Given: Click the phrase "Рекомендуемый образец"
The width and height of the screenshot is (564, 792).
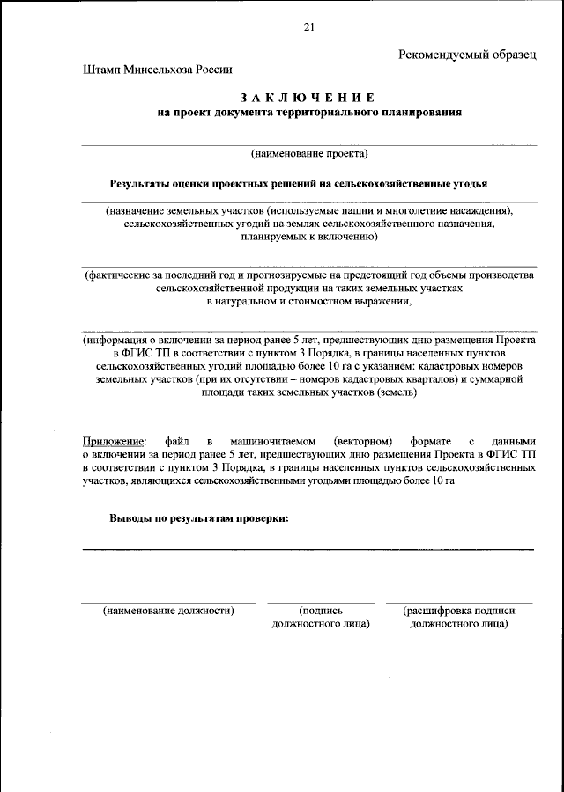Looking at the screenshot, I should coord(467,55).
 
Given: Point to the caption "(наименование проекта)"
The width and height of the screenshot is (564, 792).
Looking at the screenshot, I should coord(308,154).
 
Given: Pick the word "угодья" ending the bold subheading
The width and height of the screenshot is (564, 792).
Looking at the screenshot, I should coord(468,184).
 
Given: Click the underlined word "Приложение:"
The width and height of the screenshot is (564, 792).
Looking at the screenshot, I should coord(112,441).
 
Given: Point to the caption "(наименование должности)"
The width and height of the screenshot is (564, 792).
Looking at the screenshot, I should coord(168,610).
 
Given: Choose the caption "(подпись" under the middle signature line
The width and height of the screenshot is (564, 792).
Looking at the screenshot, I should coord(321,610).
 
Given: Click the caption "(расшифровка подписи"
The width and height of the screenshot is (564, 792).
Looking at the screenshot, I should coord(458,610).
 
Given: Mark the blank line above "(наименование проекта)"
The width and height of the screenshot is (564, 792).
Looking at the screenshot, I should coord(308,144).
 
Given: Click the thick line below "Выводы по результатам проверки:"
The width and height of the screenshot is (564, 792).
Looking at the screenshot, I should coord(308,549).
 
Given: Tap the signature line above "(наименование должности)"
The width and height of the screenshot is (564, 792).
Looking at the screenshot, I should coord(168,603).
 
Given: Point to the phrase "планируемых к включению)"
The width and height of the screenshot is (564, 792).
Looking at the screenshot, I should coord(308,238).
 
